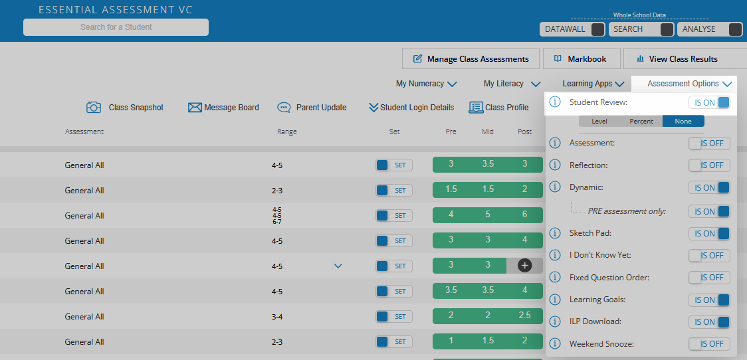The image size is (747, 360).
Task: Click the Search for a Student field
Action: [116, 27]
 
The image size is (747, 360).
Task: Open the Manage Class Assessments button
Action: [471, 58]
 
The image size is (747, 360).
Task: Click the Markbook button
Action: [581, 58]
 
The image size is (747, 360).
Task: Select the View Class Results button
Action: [684, 58]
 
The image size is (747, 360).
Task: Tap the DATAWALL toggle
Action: [597, 29]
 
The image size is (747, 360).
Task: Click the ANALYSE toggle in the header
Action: [734, 29]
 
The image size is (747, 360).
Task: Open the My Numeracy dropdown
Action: [426, 84]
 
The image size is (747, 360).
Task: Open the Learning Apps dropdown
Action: [593, 84]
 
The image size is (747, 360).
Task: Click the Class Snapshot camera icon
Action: [94, 108]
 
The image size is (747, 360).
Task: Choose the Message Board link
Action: [223, 108]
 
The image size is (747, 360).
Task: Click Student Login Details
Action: [411, 108]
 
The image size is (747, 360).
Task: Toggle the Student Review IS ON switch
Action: [709, 102]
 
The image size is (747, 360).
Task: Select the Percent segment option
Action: [641, 121]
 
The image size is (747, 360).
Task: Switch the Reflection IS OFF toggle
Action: [709, 165]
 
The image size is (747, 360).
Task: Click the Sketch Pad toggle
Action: [709, 233]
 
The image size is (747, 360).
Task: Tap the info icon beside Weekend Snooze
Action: [556, 344]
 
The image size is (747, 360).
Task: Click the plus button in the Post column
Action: [525, 266]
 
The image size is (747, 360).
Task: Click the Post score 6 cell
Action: [524, 215]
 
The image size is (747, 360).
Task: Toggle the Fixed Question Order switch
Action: [709, 278]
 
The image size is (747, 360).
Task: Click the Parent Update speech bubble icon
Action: [284, 108]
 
